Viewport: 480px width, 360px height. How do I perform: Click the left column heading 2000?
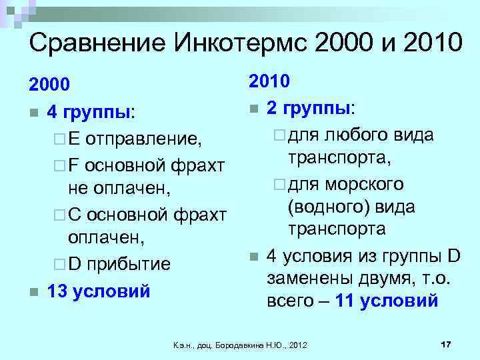point(49,85)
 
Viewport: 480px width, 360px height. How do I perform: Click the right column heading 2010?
point(269,82)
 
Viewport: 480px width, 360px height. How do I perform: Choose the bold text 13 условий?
point(99,291)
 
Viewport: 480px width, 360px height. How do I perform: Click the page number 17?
point(447,343)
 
